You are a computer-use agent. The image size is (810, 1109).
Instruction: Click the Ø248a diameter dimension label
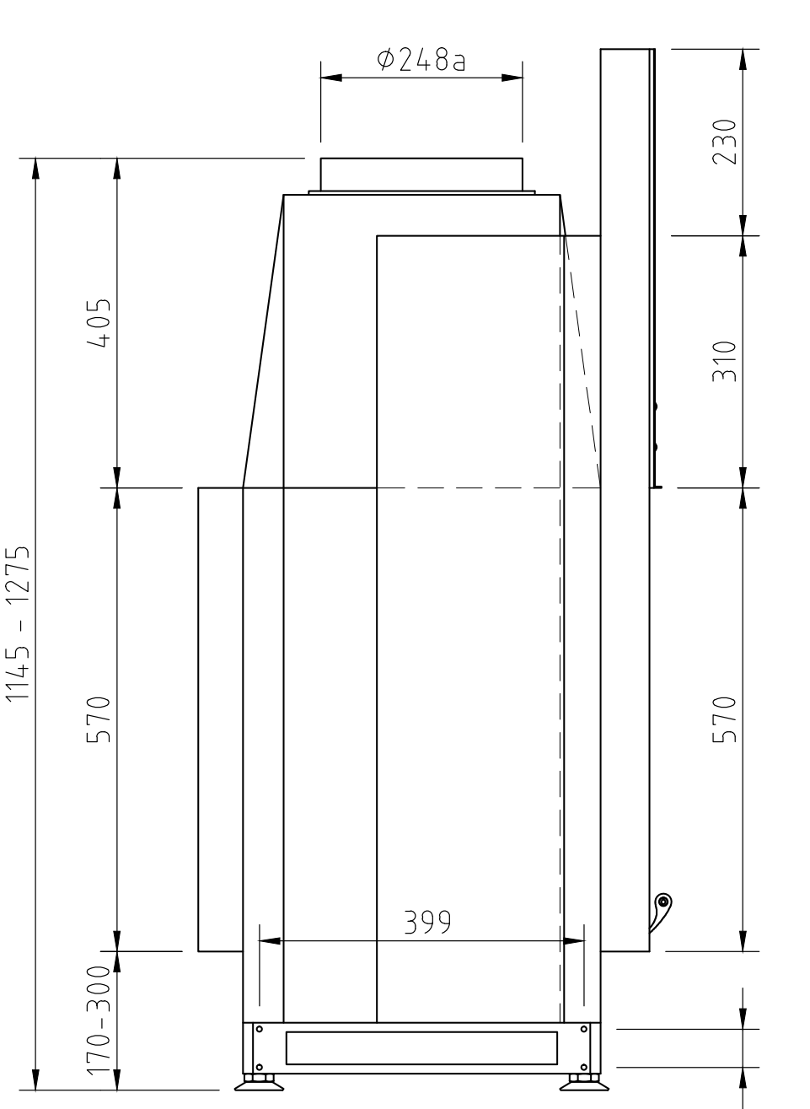[x=421, y=61]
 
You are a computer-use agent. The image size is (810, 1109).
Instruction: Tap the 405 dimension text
[x=99, y=323]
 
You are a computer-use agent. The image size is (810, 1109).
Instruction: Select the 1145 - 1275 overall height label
[x=18, y=623]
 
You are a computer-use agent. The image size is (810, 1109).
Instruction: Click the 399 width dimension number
[x=427, y=922]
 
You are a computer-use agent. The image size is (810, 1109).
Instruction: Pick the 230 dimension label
[x=724, y=142]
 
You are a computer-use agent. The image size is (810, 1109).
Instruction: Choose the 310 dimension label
[x=724, y=362]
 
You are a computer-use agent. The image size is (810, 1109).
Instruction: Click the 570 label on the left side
[x=99, y=719]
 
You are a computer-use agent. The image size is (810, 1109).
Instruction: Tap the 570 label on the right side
[x=724, y=719]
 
